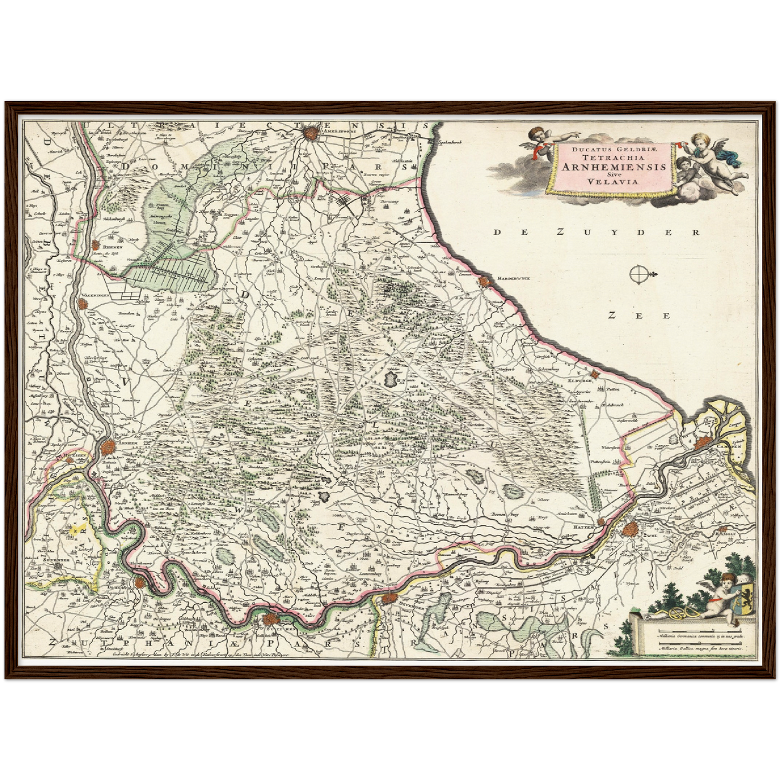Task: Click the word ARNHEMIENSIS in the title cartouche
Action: coord(614,167)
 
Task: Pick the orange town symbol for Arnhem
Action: coord(108,448)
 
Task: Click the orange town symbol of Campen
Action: coord(703,442)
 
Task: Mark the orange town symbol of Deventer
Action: coord(389,598)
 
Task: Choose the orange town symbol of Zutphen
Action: coord(270,620)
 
